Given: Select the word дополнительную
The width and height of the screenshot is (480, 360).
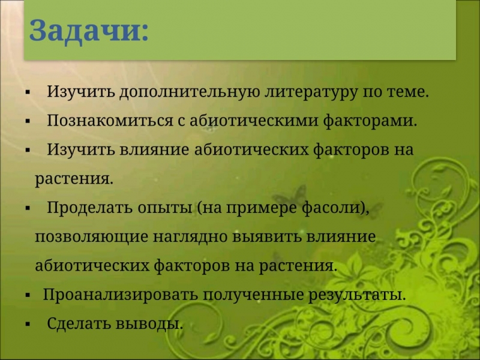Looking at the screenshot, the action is [190, 92].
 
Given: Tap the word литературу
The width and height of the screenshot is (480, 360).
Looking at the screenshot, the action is [311, 92].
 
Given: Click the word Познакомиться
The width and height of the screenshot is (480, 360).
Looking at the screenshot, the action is [110, 121].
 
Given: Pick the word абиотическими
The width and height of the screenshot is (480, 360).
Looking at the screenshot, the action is [254, 121].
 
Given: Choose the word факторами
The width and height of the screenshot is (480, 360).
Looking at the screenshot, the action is [370, 121].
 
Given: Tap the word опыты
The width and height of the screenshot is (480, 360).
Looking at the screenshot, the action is [164, 209].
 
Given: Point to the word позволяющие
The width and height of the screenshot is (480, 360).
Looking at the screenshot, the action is [91, 237].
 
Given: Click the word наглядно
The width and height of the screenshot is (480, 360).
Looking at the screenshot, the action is [190, 237].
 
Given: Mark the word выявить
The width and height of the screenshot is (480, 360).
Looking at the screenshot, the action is [266, 237].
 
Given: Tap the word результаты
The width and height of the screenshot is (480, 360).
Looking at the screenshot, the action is [356, 295].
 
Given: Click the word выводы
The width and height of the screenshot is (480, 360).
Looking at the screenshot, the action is [149, 323].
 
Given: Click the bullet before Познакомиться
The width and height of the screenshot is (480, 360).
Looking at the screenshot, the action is [28, 121].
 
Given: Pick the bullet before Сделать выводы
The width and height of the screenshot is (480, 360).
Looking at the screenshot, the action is [28, 324].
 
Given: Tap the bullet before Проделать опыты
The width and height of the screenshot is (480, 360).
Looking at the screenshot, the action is [28, 209].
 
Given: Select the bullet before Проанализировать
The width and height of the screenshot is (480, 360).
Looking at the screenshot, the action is [28, 296].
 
